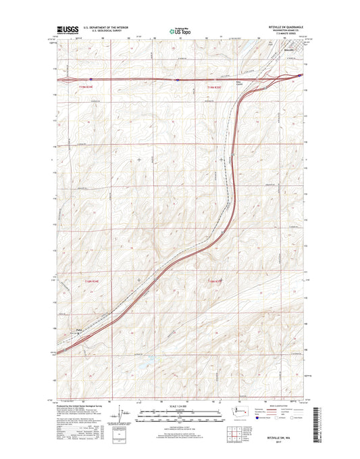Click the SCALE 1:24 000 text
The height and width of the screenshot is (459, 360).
pyautogui.click(x=179, y=404)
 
